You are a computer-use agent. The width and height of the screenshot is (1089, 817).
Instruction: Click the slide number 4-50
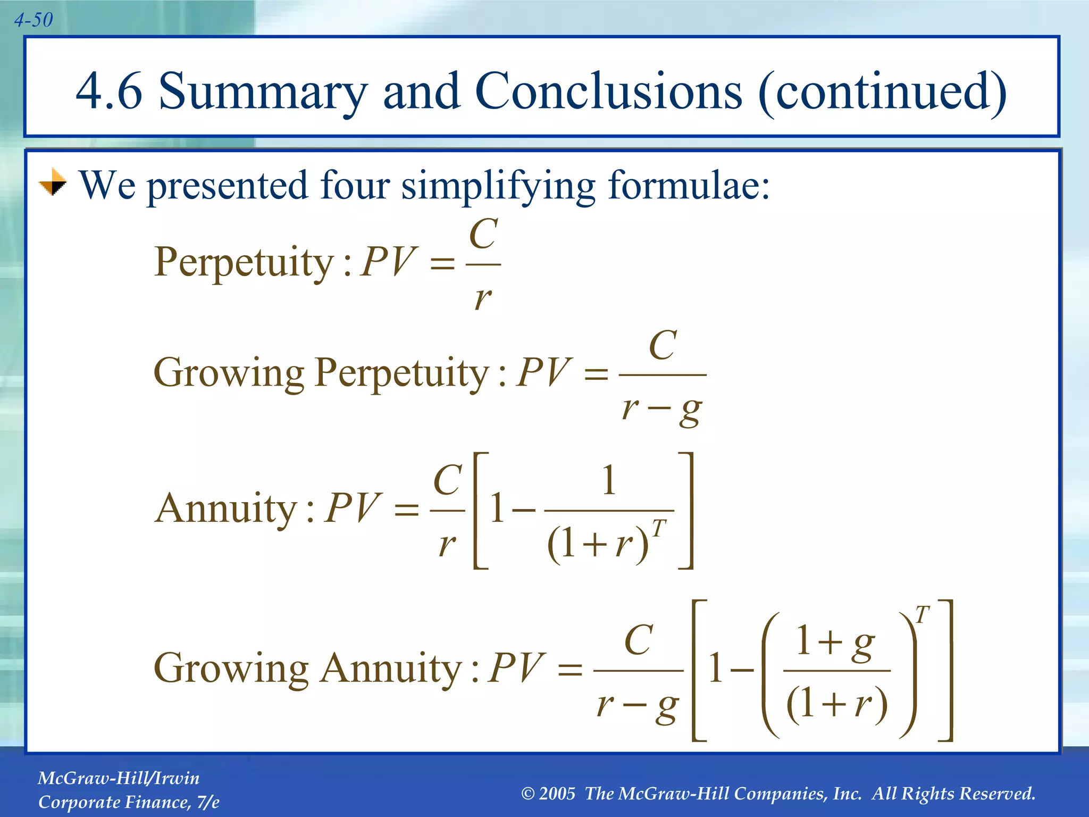pyautogui.click(x=33, y=20)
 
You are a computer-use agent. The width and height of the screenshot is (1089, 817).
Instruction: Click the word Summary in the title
pyautogui.click(x=263, y=92)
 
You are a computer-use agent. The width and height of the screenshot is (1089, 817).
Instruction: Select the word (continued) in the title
pyautogui.click(x=883, y=92)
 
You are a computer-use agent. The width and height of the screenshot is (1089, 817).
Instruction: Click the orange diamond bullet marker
pyautogui.click(x=53, y=182)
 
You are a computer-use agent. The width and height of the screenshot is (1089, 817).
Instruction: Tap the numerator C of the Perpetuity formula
pyautogui.click(x=483, y=234)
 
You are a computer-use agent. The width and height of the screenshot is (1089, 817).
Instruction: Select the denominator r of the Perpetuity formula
pyautogui.click(x=483, y=298)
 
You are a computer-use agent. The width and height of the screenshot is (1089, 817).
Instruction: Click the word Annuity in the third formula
pyautogui.click(x=225, y=508)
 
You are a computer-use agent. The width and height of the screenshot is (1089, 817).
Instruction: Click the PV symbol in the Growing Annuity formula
pyautogui.click(x=516, y=668)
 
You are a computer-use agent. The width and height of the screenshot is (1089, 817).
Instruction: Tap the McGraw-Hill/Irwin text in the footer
pyautogui.click(x=119, y=778)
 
